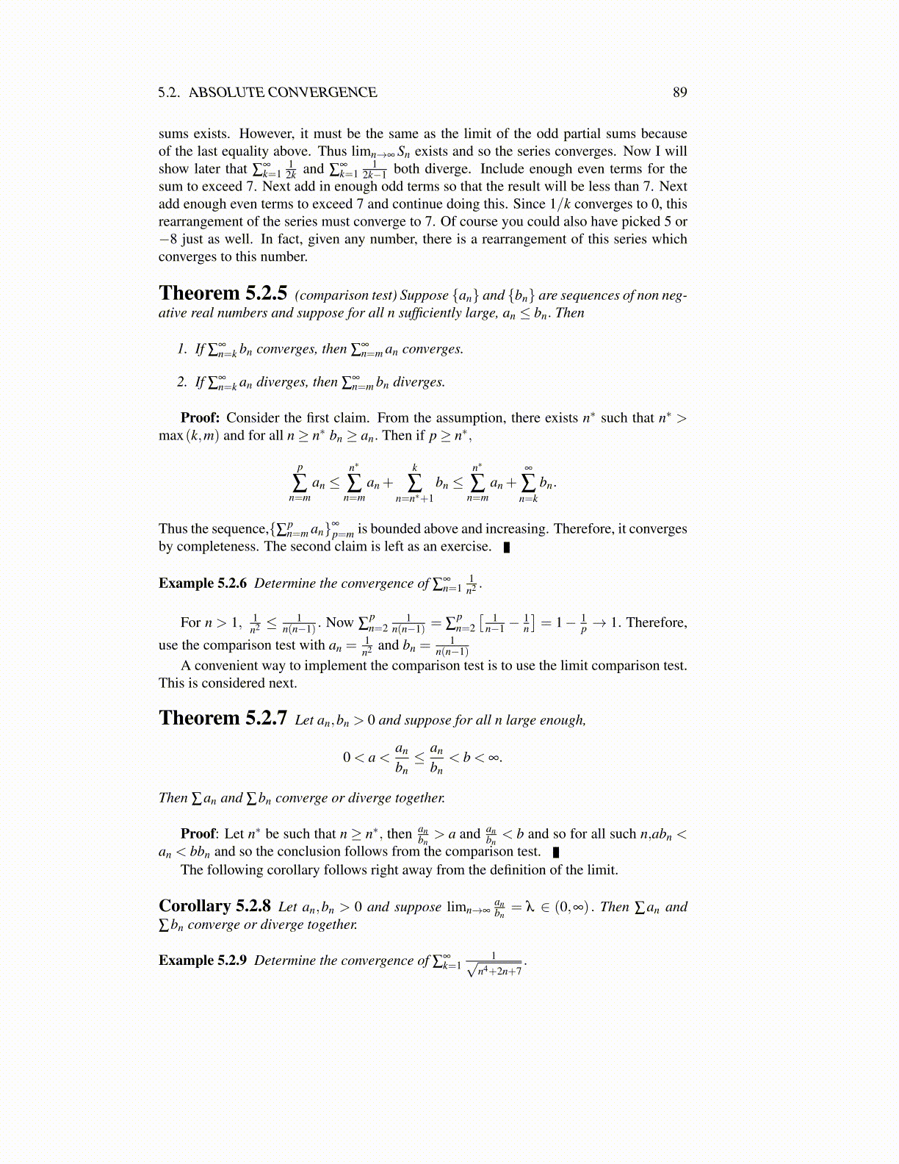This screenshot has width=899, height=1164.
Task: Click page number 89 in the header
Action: pyautogui.click(x=679, y=93)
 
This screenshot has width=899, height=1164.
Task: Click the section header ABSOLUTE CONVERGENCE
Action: pyautogui.click(x=283, y=93)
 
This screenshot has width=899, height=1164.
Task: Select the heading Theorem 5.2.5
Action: pyautogui.click(x=223, y=293)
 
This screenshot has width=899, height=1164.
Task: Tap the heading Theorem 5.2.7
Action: pyautogui.click(x=223, y=718)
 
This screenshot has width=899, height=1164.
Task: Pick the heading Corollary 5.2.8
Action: pyautogui.click(x=214, y=906)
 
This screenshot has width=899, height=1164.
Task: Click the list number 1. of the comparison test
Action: pyautogui.click(x=182, y=349)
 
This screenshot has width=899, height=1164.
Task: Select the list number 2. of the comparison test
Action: pyautogui.click(x=182, y=382)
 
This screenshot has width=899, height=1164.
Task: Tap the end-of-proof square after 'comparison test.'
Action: pyautogui.click(x=556, y=852)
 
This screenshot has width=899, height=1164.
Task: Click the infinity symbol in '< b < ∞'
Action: pyautogui.click(x=494, y=758)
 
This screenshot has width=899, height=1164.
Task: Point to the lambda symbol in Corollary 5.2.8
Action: pyautogui.click(x=529, y=907)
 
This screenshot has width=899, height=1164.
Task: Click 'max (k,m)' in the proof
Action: pyautogui.click(x=189, y=436)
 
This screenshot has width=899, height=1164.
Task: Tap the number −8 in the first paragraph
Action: pyautogui.click(x=168, y=240)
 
